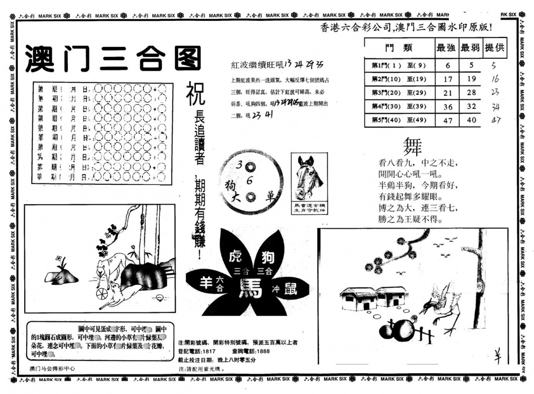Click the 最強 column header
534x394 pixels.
[x=446, y=48]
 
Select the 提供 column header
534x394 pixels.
[x=494, y=48]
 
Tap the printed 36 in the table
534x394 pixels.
[x=447, y=107]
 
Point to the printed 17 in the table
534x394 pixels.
[x=447, y=79]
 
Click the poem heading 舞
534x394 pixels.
[x=413, y=147]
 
